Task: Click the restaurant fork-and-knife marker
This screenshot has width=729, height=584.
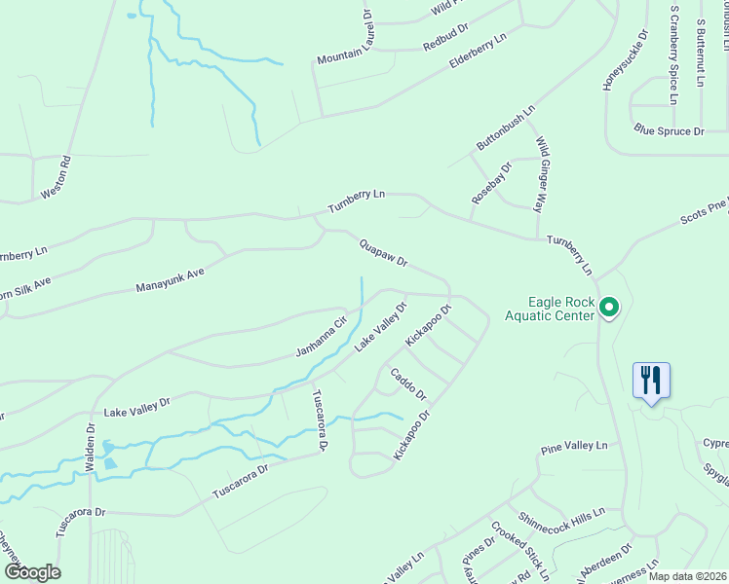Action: [651, 381]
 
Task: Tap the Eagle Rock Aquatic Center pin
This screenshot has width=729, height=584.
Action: [609, 308]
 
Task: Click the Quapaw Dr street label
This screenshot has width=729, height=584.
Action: [382, 255]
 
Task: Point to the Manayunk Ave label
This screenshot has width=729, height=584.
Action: [171, 281]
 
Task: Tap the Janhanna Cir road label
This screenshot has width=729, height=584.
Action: [322, 337]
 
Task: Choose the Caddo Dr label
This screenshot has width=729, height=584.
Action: [408, 383]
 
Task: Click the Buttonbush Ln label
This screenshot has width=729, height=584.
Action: [506, 128]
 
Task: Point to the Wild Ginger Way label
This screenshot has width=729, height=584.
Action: [539, 174]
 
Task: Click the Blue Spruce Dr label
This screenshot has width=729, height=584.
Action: [669, 130]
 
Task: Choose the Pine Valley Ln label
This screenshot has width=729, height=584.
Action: [574, 447]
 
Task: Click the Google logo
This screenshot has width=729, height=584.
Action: [32, 571]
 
